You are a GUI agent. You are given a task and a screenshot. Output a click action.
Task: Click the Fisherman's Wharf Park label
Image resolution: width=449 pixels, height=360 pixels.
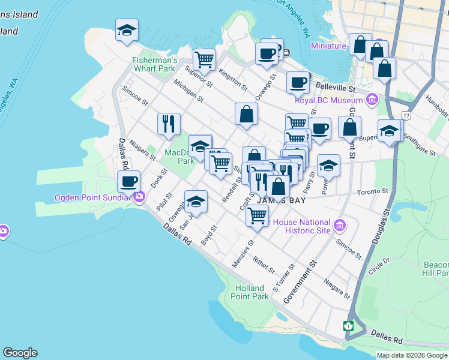(x=155, y=64)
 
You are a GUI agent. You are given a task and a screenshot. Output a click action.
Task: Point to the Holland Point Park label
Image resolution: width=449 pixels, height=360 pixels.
(x=250, y=292)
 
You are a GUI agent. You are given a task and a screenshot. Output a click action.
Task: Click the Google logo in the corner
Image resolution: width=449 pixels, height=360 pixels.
(x=20, y=353)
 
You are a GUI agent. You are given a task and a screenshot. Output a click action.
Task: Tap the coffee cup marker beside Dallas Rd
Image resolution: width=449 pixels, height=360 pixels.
(x=128, y=181)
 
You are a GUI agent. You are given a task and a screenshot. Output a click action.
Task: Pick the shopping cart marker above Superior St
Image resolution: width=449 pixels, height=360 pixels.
(x=204, y=59)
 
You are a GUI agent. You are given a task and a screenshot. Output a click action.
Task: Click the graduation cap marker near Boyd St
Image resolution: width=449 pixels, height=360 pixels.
(x=196, y=202)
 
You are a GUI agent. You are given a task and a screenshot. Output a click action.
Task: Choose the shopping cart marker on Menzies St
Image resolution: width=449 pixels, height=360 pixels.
(x=257, y=215)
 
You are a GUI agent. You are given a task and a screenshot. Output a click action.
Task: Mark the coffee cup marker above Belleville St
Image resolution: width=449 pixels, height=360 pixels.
(x=297, y=82)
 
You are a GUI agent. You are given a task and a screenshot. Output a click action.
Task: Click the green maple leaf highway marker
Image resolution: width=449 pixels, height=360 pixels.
(x=348, y=326)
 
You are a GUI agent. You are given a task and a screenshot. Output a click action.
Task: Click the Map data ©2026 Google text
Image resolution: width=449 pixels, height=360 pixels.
(x=412, y=355)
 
